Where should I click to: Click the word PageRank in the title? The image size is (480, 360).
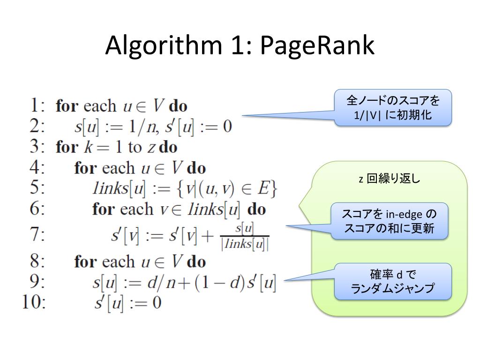click(x=317, y=46)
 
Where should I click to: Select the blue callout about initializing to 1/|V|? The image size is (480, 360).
click(x=393, y=107)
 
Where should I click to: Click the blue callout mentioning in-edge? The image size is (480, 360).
click(x=390, y=221)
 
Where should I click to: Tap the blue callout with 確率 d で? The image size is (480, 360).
click(x=393, y=281)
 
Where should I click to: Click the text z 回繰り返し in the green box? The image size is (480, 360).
click(x=390, y=179)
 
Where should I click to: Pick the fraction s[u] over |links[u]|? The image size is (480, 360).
click(x=244, y=236)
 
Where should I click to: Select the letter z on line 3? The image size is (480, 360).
click(x=151, y=148)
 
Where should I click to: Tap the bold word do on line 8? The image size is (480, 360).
click(x=196, y=262)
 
